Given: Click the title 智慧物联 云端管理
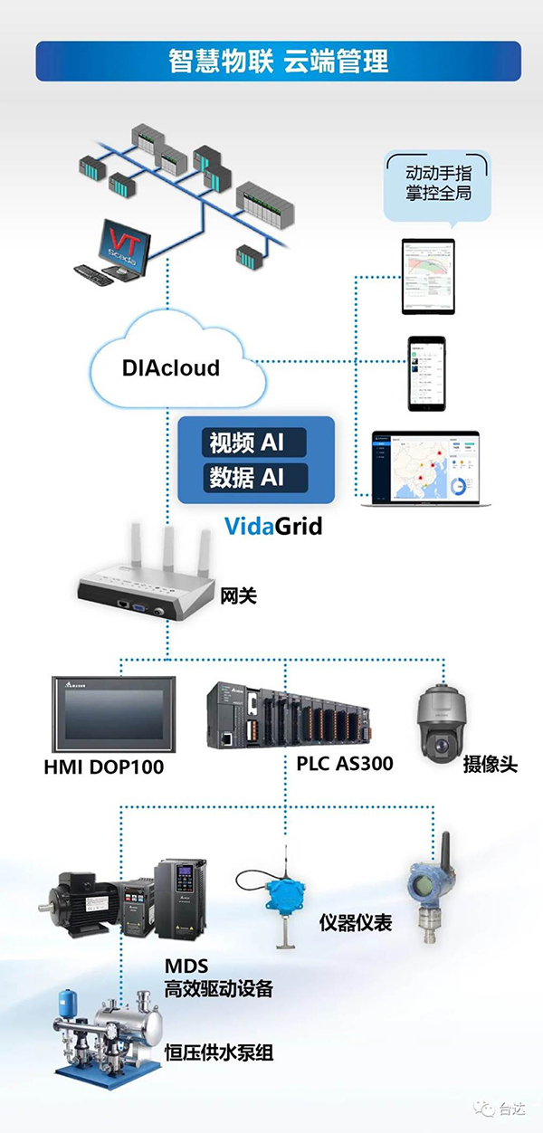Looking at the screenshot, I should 278,62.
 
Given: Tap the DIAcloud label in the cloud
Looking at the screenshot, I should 170,368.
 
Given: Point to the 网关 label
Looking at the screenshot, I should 239,595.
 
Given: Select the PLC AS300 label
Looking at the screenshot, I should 344,764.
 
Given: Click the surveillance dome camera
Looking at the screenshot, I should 443,719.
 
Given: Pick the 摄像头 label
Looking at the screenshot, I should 490,764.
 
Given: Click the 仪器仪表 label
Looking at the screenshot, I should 356,922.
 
